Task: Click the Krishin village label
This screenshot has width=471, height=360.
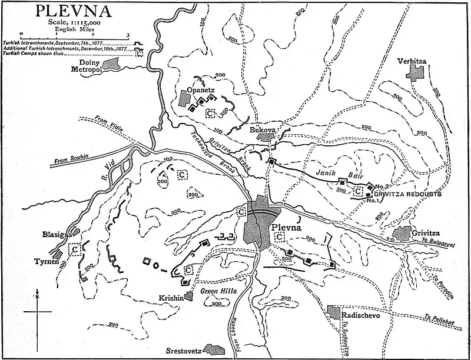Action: (170, 298)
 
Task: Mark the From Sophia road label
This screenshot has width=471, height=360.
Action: (71, 159)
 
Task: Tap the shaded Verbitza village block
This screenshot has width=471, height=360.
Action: (417, 72)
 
